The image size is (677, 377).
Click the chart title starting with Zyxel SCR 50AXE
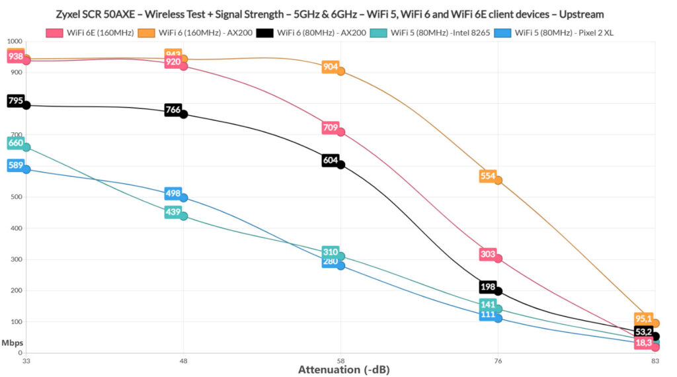[338, 14]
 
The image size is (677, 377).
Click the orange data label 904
[331, 67]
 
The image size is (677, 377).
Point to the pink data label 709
[331, 128]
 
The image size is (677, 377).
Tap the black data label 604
[331, 160]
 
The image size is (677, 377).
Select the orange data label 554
[488, 176]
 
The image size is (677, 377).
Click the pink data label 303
[488, 255]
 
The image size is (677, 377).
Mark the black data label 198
[488, 286]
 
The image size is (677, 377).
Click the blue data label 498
[173, 193]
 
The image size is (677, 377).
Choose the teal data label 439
[173, 212]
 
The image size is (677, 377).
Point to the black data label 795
[16, 101]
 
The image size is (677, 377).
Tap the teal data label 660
[16, 143]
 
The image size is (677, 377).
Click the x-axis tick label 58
[340, 361]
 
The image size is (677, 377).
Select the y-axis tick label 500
[14, 197]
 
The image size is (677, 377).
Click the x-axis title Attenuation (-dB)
[344, 370]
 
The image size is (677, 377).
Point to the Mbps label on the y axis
[11, 343]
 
